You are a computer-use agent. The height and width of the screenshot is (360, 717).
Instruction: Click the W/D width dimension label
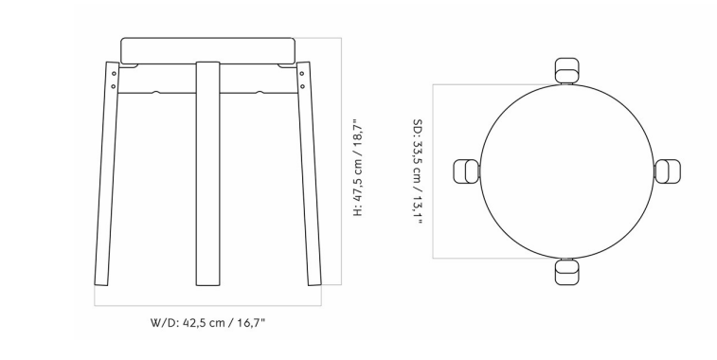[x=208, y=323]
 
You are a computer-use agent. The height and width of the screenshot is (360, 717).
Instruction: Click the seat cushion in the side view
[x=207, y=51]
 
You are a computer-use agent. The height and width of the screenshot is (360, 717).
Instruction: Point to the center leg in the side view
[x=207, y=173]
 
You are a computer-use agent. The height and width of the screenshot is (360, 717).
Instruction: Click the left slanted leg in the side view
[x=106, y=173]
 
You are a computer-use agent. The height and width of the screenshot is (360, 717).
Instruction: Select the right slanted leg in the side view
[x=309, y=173]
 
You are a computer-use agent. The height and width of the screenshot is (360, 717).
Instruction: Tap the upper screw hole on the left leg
[x=114, y=73]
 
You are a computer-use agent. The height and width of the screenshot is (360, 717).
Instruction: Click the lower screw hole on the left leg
[x=114, y=86]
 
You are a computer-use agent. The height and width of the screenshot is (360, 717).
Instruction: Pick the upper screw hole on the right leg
[x=302, y=73]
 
